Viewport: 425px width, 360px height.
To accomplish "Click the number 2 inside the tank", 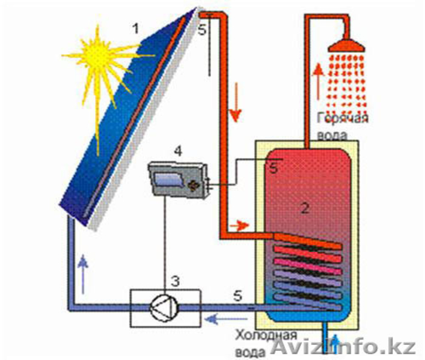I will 305,208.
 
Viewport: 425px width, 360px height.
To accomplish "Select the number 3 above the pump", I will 175,280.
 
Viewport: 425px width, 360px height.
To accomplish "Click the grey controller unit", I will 177,178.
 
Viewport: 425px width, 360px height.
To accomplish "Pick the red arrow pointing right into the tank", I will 240,226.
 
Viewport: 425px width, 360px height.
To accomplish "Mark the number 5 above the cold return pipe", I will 237,296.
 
